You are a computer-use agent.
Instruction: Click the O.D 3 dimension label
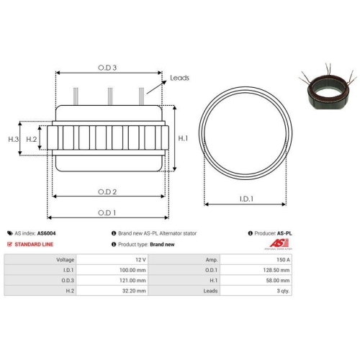pos(107,68)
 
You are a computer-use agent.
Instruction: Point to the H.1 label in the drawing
pos(183,138)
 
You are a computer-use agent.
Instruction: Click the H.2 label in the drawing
pos(31,138)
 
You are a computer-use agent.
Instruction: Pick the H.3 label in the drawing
pos(13,138)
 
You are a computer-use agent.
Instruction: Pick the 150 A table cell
pos(284,258)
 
